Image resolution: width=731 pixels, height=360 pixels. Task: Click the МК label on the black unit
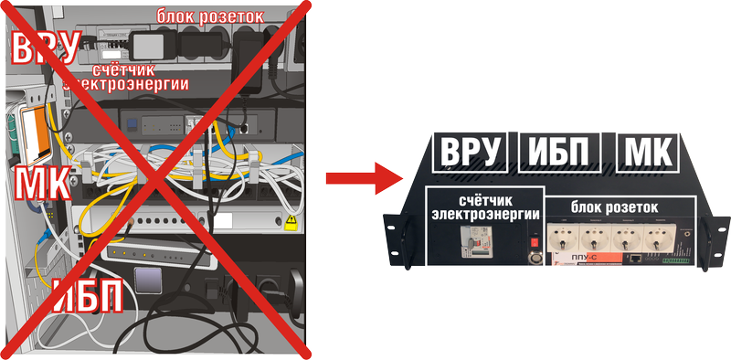tap(647, 153)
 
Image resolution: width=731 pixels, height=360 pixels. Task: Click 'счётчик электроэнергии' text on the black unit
tap(485, 206)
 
